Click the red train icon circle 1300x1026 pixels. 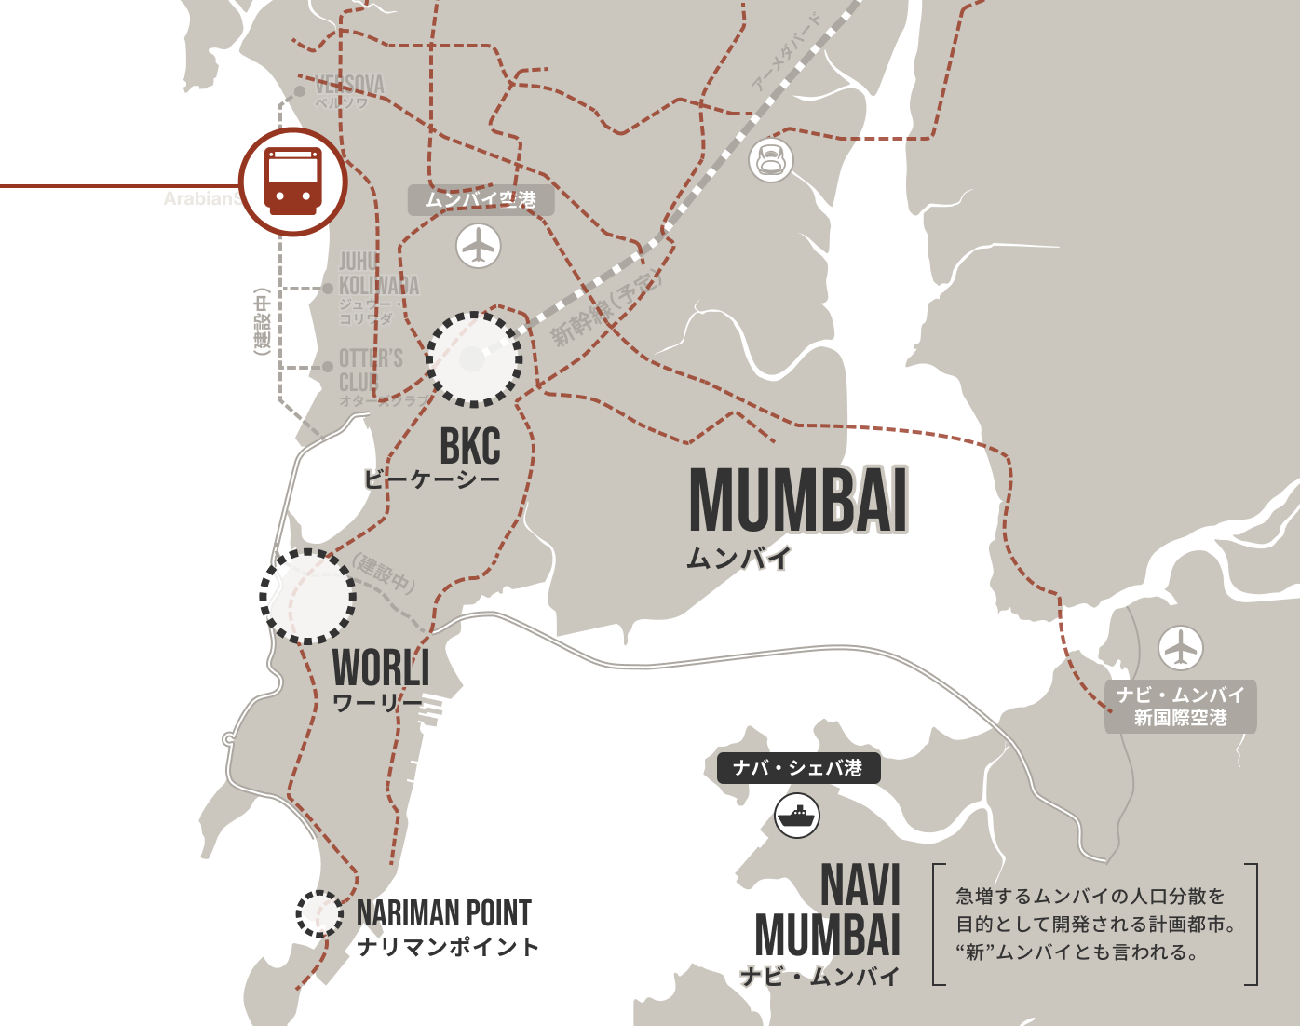[x=292, y=182]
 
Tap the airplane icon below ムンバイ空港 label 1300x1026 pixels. [x=479, y=246]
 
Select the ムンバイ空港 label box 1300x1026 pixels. [x=481, y=199]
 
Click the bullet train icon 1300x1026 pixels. [x=771, y=159]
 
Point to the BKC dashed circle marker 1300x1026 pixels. [x=474, y=359]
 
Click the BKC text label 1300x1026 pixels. [x=470, y=446]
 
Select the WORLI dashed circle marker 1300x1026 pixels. [x=308, y=596]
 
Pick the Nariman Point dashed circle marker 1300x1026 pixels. [x=319, y=913]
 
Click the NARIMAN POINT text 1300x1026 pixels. [x=444, y=913]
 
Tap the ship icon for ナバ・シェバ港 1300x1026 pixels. [x=797, y=816]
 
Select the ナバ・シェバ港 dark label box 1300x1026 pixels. [x=798, y=768]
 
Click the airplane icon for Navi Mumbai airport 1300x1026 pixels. [x=1180, y=648]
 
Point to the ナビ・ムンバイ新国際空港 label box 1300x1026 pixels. [x=1180, y=707]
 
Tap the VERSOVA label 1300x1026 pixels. [x=349, y=86]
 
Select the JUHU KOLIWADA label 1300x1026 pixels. [x=378, y=274]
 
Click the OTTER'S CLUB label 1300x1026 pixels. [x=370, y=371]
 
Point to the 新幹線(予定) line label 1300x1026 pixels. [x=605, y=310]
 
